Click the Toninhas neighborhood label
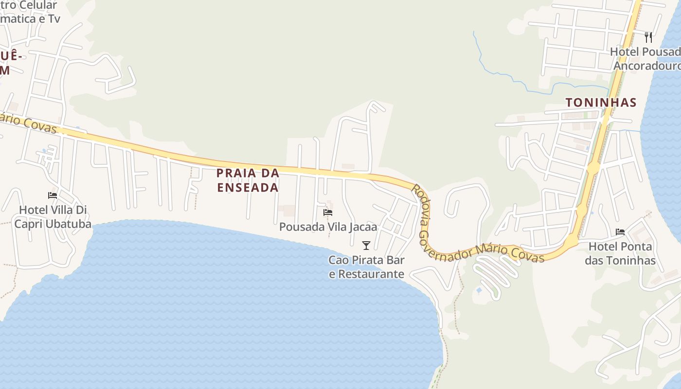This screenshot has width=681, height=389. coord(601,103)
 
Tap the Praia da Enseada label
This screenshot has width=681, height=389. coord(248,180)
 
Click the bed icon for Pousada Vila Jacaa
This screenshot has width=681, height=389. coord(328,212)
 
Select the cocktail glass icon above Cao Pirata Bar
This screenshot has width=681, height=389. coord(366,246)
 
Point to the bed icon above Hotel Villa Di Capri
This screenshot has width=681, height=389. coord(53,195)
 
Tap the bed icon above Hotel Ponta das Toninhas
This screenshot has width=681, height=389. coord(620,232)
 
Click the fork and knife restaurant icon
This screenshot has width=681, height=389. coord(648,37)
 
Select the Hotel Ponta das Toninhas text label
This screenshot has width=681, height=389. coord(620,253)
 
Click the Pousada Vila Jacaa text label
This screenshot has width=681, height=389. coord(328,227)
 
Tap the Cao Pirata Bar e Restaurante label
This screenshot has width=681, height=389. coord(366,267)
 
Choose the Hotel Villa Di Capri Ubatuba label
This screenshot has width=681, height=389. coord(53,217)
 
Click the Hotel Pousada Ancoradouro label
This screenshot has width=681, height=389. coord(646,58)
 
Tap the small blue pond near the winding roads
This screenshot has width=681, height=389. coord(479,290)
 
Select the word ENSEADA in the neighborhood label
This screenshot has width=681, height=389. coord(248,187)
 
